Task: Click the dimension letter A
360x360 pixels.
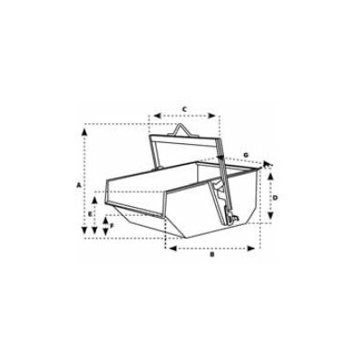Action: [x=79, y=183]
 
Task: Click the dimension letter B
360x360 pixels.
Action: [x=211, y=255]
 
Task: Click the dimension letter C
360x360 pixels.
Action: [x=184, y=108]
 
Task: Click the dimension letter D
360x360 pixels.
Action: [x=274, y=197]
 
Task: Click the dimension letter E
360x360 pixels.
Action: [x=91, y=214]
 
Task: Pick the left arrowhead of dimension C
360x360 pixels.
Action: [x=154, y=116]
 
